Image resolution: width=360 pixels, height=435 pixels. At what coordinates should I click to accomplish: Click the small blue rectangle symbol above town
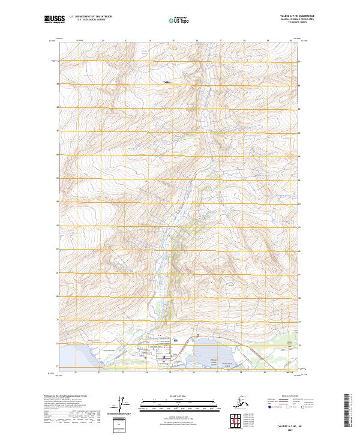[175, 340]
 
